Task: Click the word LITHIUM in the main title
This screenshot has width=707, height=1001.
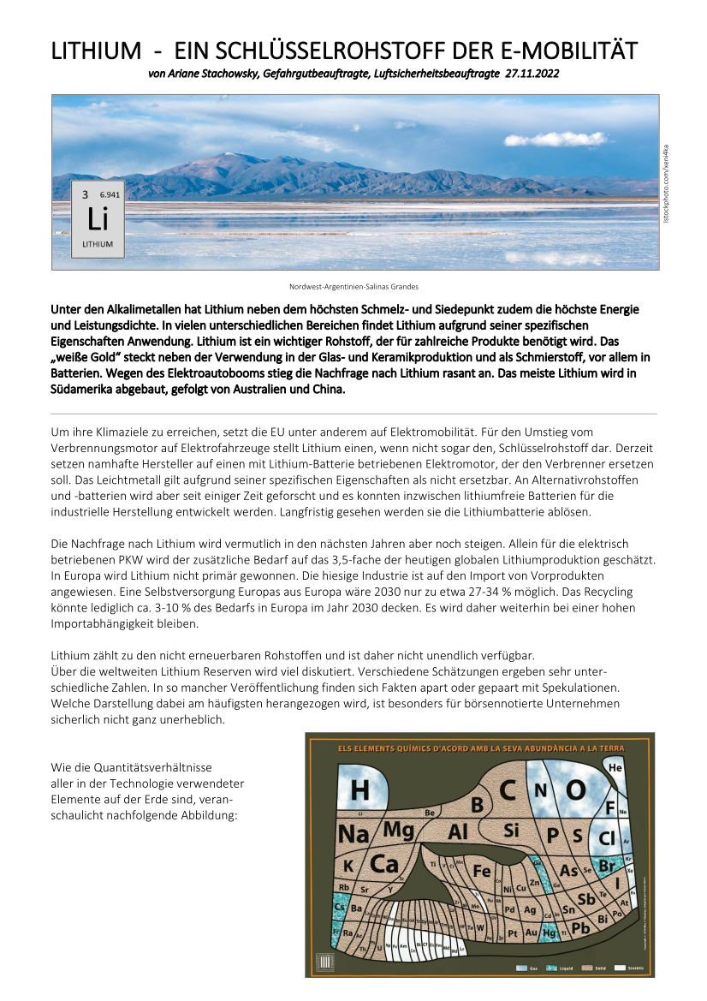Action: click(96, 51)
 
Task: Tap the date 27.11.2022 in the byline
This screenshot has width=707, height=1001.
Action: click(532, 74)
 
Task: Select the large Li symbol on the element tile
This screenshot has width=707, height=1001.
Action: click(98, 220)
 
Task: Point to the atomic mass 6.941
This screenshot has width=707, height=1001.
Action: click(110, 194)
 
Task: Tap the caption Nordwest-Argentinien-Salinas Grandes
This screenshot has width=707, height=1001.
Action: click(353, 286)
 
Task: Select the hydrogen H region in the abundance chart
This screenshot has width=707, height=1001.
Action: click(360, 789)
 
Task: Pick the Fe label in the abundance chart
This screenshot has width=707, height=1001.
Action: click(481, 871)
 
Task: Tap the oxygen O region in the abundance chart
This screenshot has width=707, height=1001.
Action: click(575, 789)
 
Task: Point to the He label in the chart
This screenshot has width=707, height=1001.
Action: click(615, 768)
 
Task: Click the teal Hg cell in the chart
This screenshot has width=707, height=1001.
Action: click(549, 932)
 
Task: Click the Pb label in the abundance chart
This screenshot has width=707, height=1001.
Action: click(581, 928)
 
